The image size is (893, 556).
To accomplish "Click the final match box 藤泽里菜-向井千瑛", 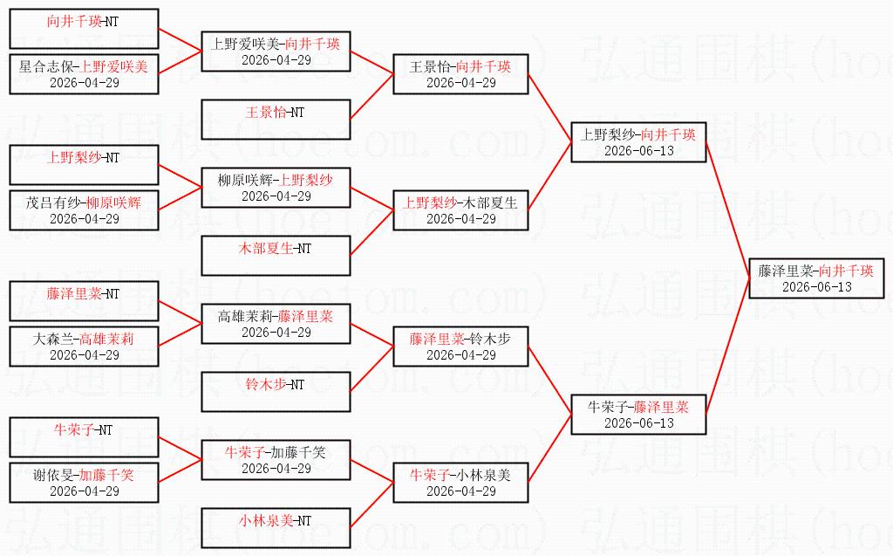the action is click(816, 278).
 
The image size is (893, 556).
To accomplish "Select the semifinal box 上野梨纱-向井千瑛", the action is click(638, 142).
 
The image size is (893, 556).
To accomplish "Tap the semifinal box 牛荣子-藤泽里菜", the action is click(638, 415).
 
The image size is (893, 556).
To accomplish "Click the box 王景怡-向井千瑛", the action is click(460, 74).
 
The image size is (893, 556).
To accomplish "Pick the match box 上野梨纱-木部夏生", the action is click(460, 210).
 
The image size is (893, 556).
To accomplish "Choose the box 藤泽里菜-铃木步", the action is click(460, 347).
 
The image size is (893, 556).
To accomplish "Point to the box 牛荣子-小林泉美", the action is click(460, 483).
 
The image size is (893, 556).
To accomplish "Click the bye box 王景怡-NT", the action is click(276, 120).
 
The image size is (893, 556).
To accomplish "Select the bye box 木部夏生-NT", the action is click(276, 256).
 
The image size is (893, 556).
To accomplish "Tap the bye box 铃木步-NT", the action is click(276, 392).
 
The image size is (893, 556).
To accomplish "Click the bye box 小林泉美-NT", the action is click(276, 528).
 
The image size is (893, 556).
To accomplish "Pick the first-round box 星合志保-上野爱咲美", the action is click(84, 74).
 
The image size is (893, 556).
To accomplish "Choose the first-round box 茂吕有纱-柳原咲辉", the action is click(84, 210).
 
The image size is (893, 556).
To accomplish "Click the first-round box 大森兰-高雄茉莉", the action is click(84, 347).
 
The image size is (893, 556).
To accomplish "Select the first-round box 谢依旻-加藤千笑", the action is click(84, 483).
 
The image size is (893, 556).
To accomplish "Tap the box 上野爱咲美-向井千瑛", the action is click(276, 51).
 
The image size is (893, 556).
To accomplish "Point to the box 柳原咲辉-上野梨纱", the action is click(276, 188).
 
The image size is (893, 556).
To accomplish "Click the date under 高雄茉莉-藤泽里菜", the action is click(276, 333).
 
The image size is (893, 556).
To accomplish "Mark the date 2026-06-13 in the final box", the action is click(816, 287).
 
